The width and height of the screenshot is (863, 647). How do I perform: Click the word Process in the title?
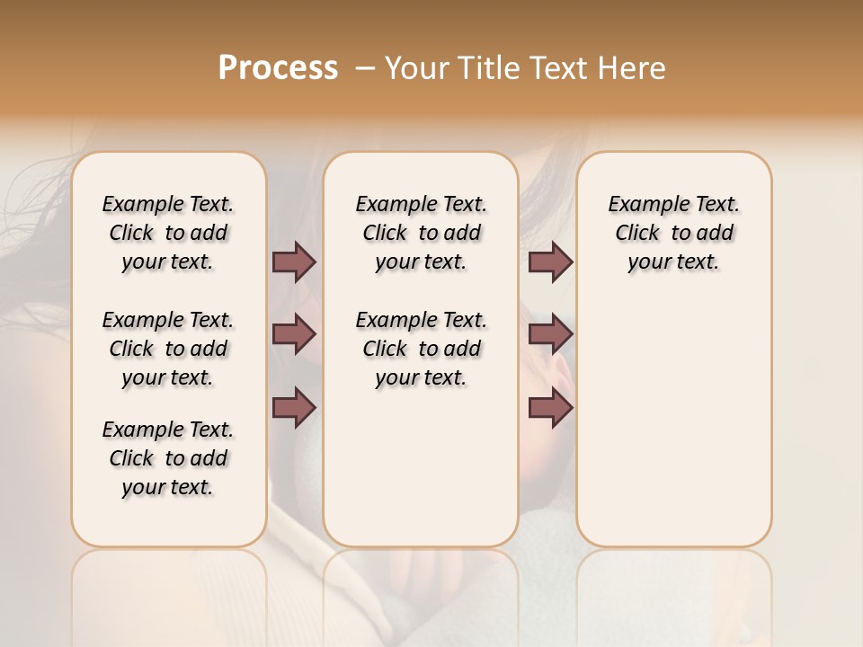(x=278, y=68)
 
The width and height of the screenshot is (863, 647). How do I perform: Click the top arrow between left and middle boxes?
(x=294, y=262)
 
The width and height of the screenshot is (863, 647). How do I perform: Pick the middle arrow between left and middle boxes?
(x=294, y=335)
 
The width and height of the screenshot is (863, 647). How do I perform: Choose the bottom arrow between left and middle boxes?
(x=294, y=408)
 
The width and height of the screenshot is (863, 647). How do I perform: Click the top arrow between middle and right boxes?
(x=550, y=262)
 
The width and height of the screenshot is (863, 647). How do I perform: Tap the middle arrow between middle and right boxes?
(x=550, y=335)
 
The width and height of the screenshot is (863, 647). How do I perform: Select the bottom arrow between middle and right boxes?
(x=550, y=408)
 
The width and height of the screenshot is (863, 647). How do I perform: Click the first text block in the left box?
(x=168, y=233)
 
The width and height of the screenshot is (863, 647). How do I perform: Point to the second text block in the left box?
(x=168, y=349)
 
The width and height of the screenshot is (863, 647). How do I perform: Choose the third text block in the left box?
(x=168, y=458)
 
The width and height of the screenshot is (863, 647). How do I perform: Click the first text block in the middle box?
(x=421, y=233)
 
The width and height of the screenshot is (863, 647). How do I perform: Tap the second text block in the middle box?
(x=421, y=349)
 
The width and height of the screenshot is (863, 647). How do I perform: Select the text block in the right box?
(x=673, y=233)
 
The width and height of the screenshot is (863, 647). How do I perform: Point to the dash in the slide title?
(x=365, y=69)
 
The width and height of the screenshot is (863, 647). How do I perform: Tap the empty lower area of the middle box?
(x=421, y=467)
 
